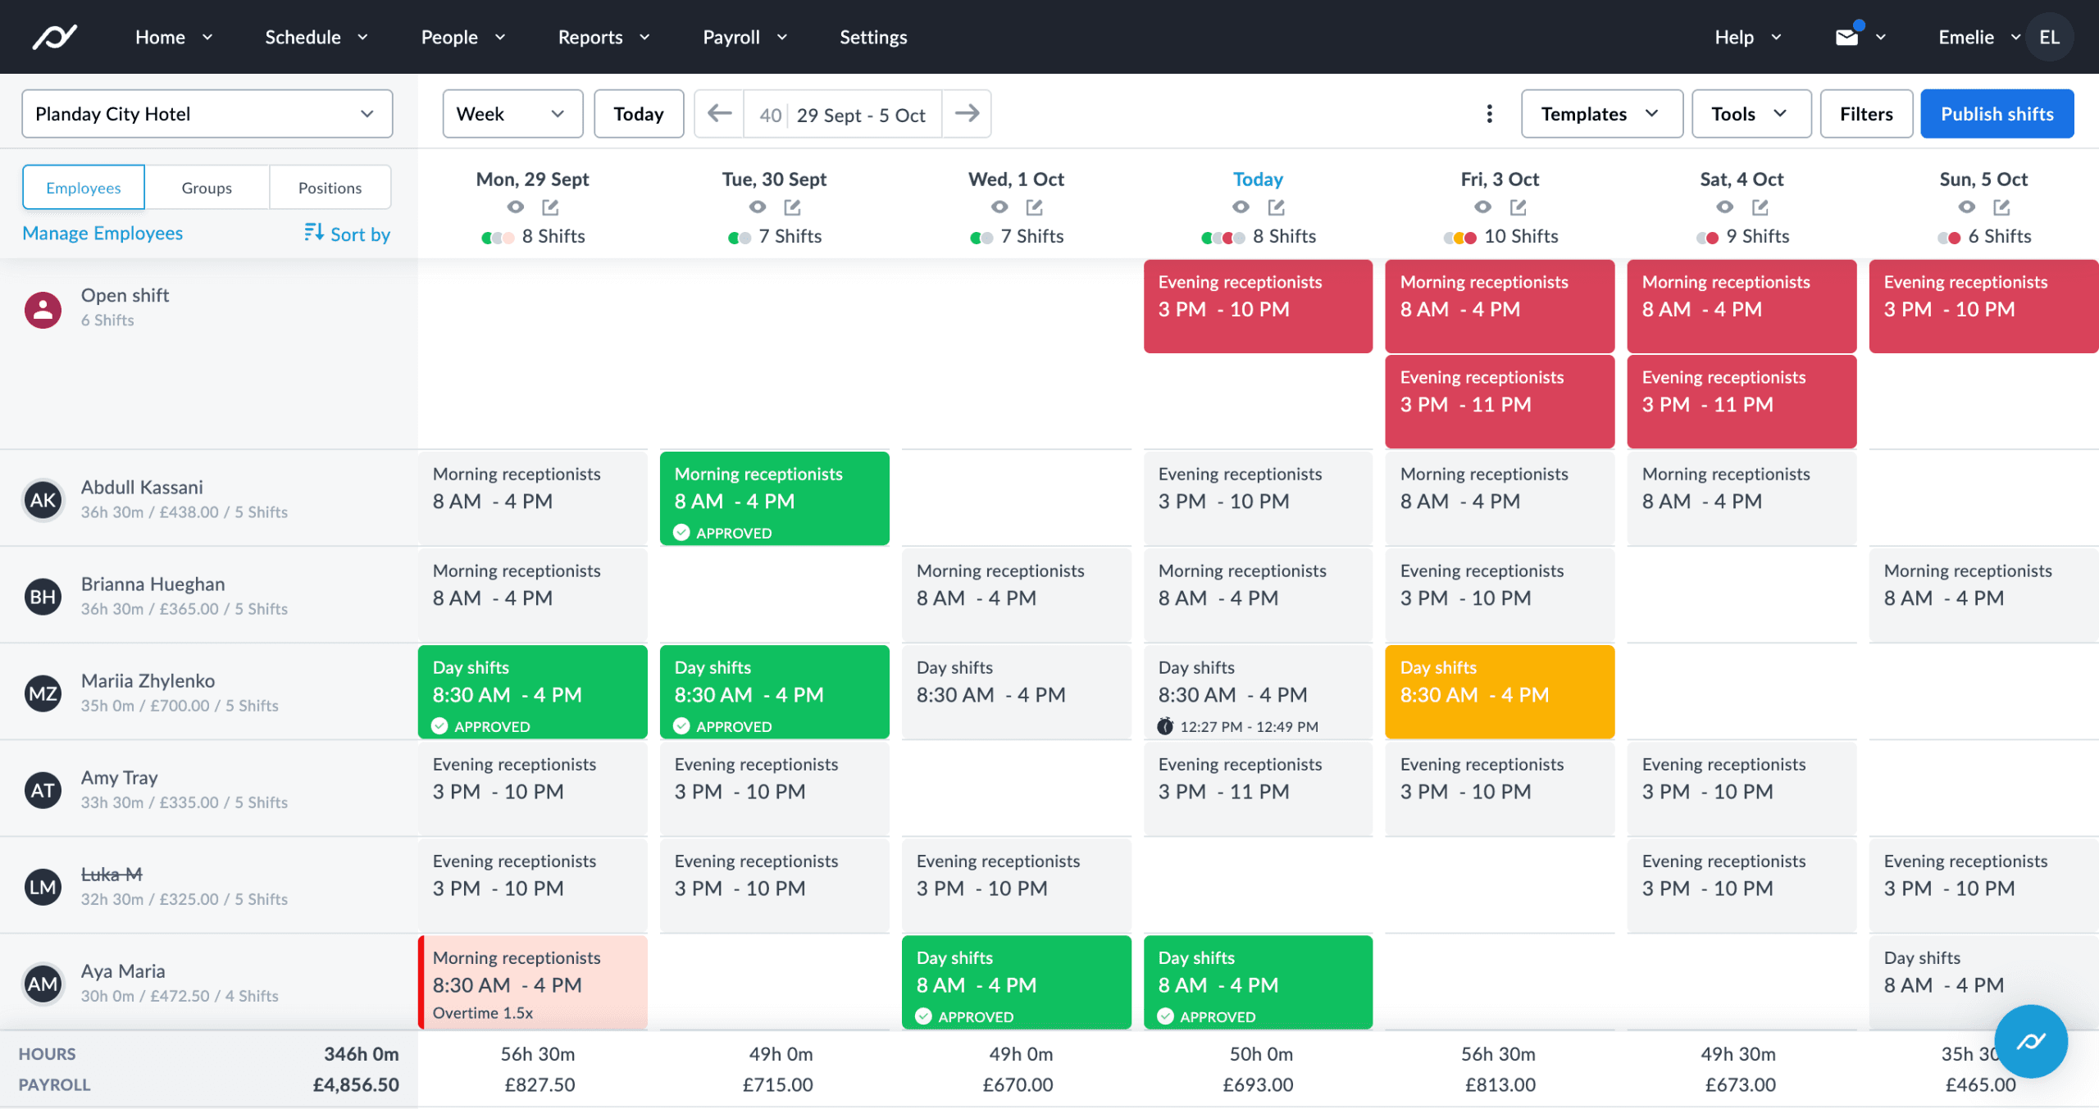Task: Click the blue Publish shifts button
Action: pos(1997,114)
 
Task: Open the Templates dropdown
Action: pos(1600,114)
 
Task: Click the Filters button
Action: pos(1865,114)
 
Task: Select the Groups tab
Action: pos(207,188)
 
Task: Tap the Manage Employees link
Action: pos(102,234)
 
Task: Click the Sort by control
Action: pos(347,234)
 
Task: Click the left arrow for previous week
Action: pos(719,114)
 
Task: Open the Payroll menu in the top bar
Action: pos(744,37)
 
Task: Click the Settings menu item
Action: pos(873,37)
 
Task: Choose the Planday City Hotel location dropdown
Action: pos(207,114)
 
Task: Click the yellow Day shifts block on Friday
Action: pos(1499,691)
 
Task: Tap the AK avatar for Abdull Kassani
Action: pos(43,500)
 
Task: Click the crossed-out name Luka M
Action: pos(112,875)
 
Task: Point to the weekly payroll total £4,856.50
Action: pos(356,1084)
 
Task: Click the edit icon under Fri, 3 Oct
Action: pos(1518,207)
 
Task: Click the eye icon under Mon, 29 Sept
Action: pos(515,207)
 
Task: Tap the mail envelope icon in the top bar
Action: pos(1846,37)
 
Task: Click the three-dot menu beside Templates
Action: pos(1489,114)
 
